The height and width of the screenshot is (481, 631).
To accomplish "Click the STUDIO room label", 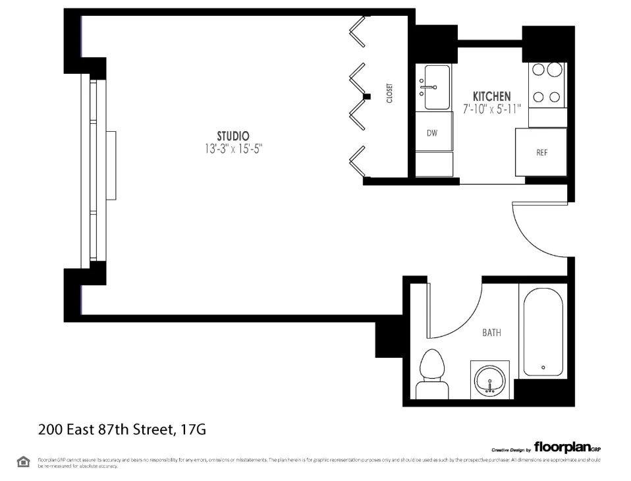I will [x=233, y=136].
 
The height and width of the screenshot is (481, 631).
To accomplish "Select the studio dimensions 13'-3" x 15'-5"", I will [x=234, y=149].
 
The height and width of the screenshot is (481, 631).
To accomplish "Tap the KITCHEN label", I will [x=491, y=97].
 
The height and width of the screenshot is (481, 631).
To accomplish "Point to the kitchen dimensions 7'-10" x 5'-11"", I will [x=491, y=109].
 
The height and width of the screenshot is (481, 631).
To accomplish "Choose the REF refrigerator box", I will [x=541, y=152].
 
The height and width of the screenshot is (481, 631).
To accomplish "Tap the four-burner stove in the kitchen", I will [x=546, y=84].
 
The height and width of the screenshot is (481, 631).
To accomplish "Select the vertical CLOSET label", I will [x=389, y=93].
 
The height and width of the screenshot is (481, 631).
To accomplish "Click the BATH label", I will [x=491, y=333].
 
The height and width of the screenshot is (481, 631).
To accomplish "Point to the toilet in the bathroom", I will [x=432, y=373].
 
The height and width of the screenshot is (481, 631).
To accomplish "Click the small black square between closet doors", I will [x=368, y=97].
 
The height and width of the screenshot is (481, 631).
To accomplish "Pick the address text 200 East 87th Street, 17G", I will [x=122, y=430].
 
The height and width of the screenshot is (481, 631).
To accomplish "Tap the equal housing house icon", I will [x=23, y=461].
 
